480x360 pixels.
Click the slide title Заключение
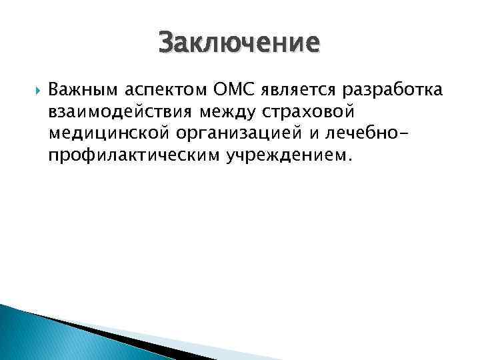239,43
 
